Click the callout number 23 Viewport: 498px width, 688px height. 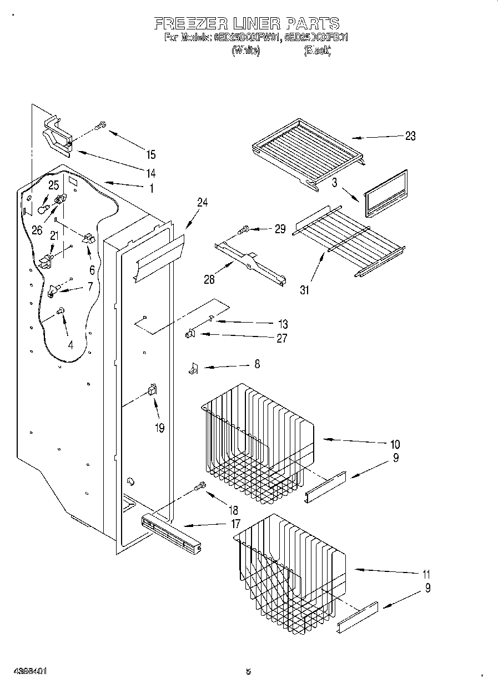tap(410, 136)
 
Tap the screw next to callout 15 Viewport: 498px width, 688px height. tap(100, 127)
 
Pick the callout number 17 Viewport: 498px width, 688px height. tap(235, 523)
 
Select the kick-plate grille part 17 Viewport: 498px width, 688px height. tap(171, 534)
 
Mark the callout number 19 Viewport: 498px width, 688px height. tap(160, 428)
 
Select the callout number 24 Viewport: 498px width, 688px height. tap(202, 203)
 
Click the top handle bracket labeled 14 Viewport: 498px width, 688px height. tap(58, 136)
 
